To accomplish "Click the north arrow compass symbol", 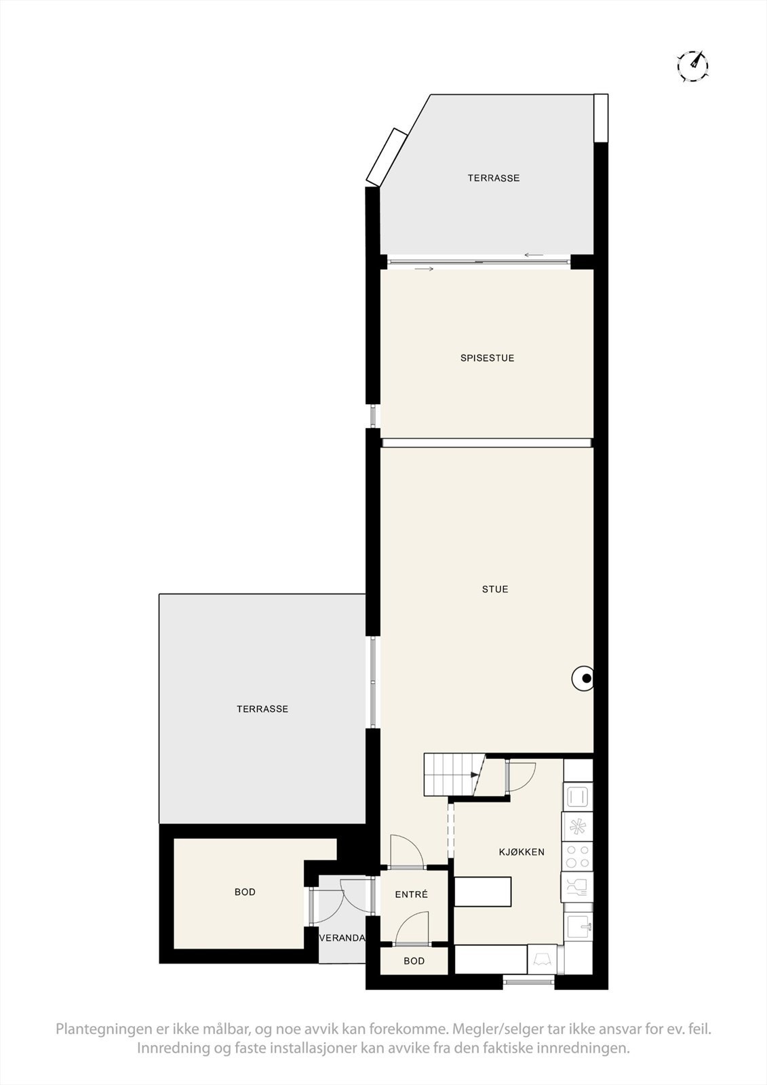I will [692, 66].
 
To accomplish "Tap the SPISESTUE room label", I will [487, 358].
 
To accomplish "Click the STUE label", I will [495, 589].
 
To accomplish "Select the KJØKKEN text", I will [522, 852].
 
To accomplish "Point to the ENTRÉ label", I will [412, 894].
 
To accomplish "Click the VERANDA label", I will [342, 939].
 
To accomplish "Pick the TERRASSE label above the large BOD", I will [262, 709].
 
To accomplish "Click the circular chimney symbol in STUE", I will [583, 678].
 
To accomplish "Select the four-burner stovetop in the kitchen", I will [578, 856].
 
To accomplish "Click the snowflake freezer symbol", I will [578, 826].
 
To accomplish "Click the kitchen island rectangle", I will [482, 891].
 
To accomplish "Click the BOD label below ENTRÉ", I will [414, 961].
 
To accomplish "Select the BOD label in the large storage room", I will [245, 892].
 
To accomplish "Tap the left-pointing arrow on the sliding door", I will [534, 255].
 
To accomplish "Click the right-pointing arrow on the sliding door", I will [424, 269].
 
